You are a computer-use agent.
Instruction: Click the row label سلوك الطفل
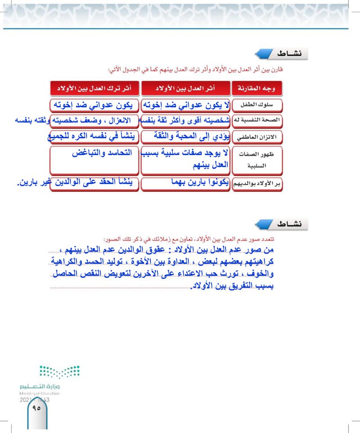256,105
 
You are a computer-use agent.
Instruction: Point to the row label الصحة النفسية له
256,120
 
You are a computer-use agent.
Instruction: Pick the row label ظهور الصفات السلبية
256,160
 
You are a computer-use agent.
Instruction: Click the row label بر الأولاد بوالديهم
256,184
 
